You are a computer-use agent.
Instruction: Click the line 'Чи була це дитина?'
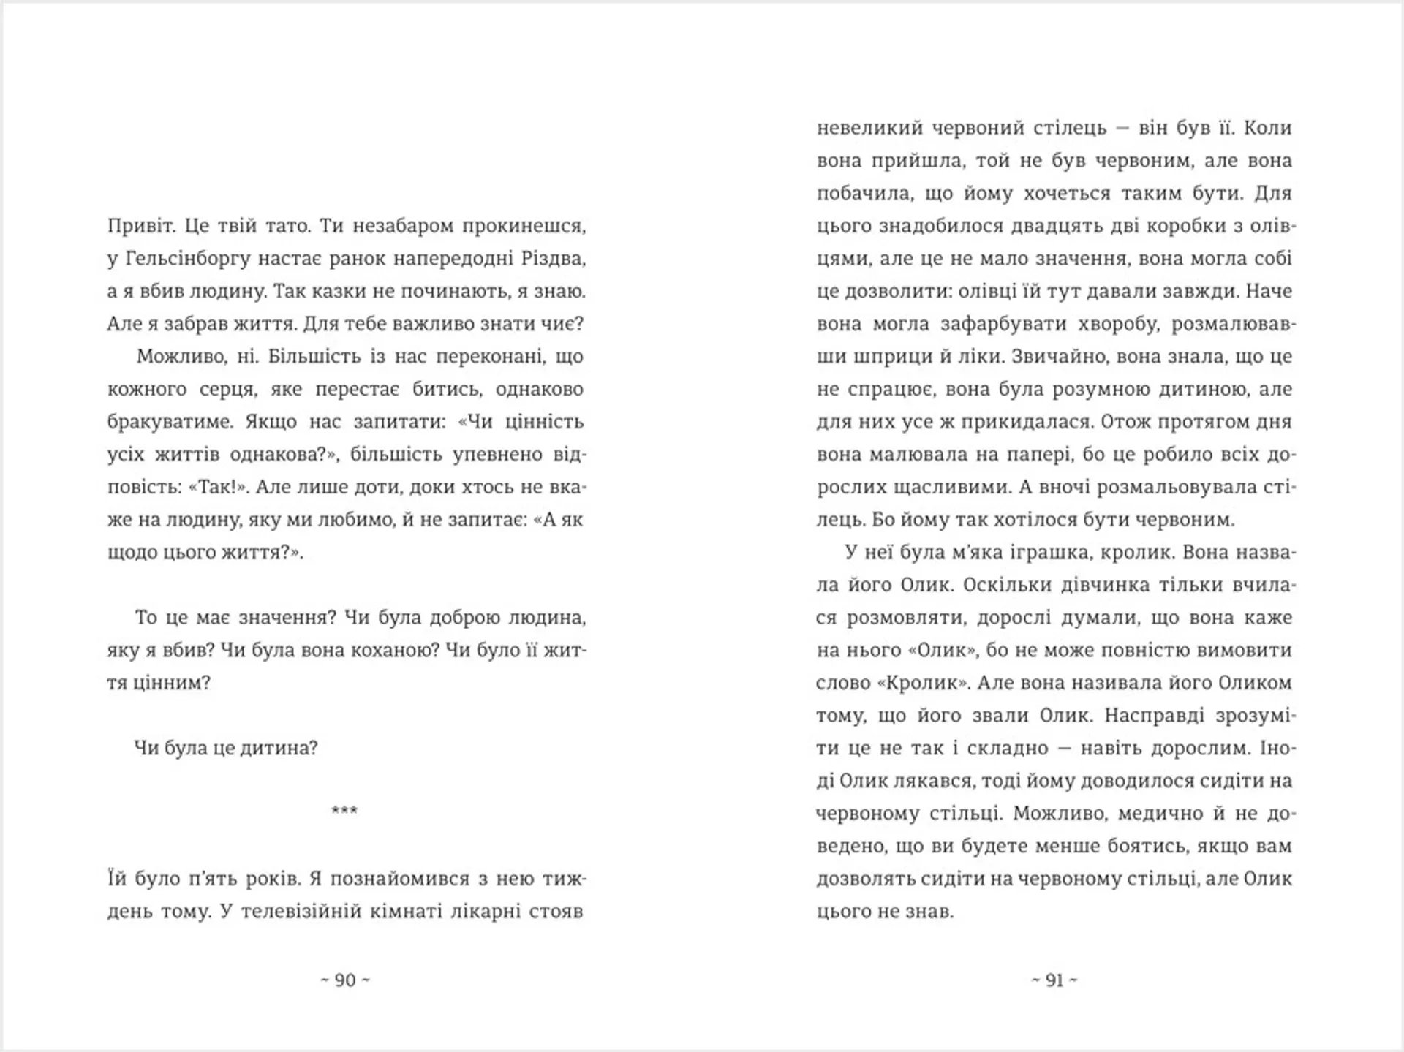tap(226, 749)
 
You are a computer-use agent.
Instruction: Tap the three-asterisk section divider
tap(344, 811)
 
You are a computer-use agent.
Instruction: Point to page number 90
tap(345, 980)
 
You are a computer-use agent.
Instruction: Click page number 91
tap(1054, 980)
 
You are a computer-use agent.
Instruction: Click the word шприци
tap(885, 357)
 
